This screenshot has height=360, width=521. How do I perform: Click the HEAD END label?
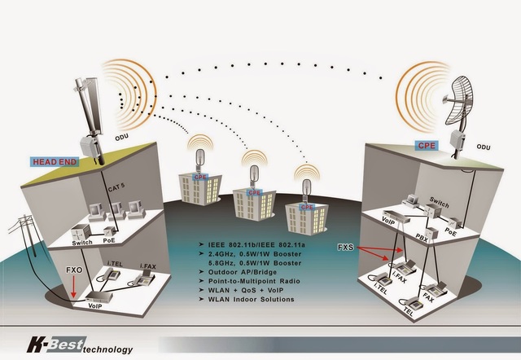coord(55,161)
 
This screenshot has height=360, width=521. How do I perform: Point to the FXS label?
coord(346,244)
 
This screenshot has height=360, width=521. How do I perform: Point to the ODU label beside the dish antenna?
coord(484,147)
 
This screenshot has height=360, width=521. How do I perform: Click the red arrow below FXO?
coord(74,286)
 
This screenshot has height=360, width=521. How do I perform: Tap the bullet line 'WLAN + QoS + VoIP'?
coord(243,290)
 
